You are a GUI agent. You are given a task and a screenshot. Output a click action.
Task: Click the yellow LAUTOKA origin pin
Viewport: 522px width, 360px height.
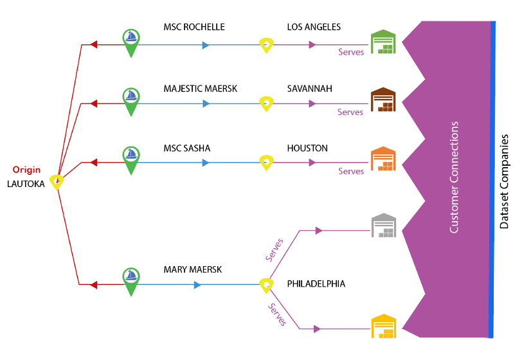pos(57,182)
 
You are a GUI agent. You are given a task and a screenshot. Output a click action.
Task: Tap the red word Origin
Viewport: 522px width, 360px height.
pos(26,170)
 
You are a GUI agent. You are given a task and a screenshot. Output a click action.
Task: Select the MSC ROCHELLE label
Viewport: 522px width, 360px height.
pos(194,28)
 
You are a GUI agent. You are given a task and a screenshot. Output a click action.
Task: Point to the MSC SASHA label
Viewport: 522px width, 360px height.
pos(186,148)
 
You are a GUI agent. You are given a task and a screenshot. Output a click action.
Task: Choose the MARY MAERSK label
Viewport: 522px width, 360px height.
pos(192,270)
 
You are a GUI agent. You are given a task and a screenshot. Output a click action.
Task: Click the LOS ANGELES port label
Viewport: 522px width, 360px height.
pos(314,28)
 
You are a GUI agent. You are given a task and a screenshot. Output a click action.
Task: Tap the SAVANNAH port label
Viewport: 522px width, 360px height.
pos(309,89)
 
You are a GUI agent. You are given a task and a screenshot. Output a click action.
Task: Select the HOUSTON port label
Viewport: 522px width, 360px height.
pos(307,148)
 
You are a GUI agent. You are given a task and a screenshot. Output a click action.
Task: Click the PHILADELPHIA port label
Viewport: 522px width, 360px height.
pos(316,283)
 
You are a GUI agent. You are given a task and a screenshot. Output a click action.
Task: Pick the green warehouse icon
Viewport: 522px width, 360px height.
pos(386,43)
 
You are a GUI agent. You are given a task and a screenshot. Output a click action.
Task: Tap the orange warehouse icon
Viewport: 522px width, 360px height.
pos(386,161)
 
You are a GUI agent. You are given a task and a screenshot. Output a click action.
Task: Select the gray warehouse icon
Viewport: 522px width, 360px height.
pos(386,226)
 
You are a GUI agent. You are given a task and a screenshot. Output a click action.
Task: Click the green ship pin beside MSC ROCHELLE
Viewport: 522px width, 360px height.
pos(131,41)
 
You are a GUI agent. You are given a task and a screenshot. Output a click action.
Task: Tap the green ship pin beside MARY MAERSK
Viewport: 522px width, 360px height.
pos(131,280)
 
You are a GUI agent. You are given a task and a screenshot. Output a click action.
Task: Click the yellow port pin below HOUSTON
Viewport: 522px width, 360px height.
pos(265,162)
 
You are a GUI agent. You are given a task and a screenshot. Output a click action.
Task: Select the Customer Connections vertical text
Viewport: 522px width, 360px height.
pos(455,177)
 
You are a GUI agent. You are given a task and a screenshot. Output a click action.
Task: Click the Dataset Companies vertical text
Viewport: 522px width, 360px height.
pos(505,181)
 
